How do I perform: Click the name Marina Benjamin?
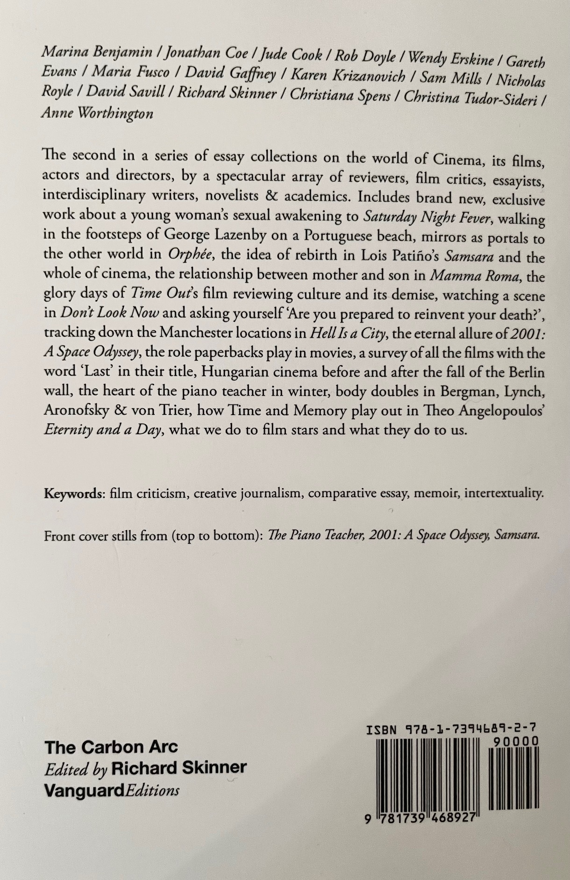(x=97, y=53)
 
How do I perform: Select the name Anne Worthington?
(x=97, y=113)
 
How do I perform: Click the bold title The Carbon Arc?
(x=111, y=747)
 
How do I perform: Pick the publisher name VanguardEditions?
(x=112, y=790)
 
